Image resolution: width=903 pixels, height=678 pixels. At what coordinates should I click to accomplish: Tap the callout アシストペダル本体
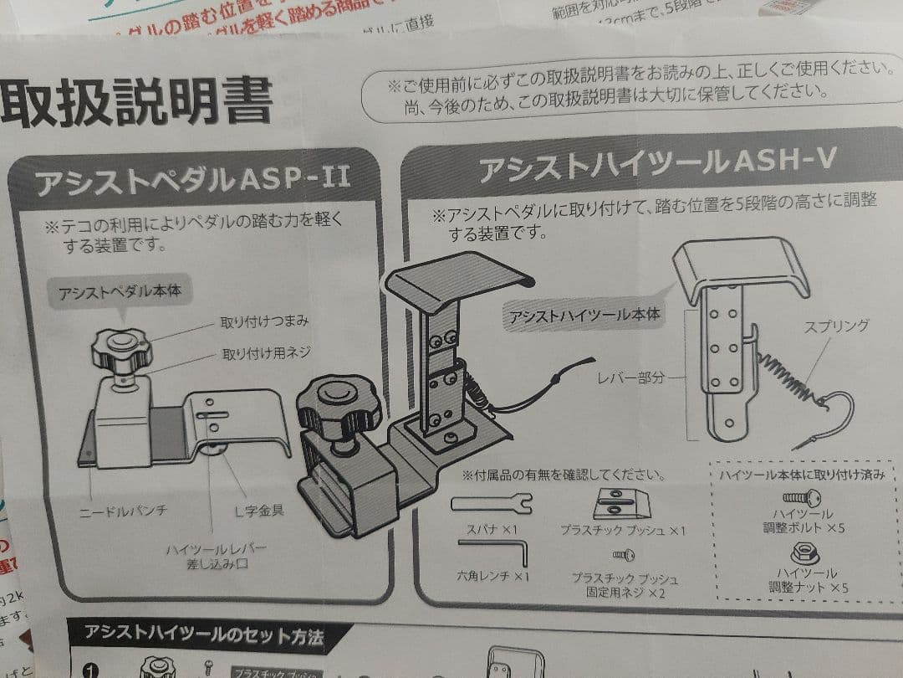120,293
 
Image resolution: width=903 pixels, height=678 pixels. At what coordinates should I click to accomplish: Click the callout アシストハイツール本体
584,316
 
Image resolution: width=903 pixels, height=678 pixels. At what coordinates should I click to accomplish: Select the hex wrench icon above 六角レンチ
492,552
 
